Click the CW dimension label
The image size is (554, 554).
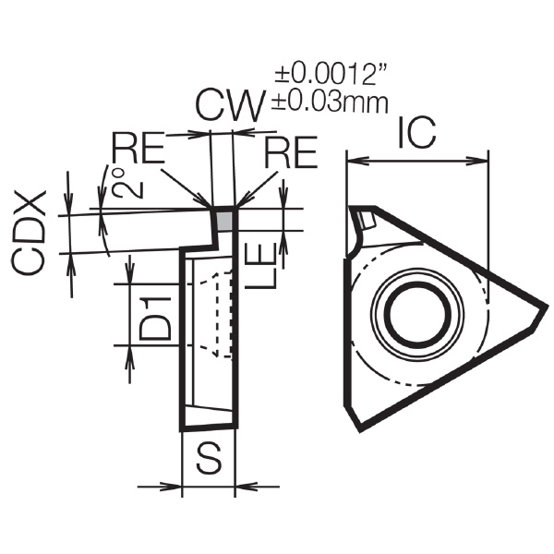tap(230, 106)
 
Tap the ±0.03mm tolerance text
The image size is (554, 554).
tap(330, 102)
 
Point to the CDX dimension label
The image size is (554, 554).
tap(30, 234)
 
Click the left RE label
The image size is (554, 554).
tap(138, 148)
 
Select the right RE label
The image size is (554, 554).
tap(292, 152)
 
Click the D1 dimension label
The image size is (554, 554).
tap(155, 319)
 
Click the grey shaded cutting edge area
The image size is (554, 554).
tap(224, 221)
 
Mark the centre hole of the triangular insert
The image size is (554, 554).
tap(419, 312)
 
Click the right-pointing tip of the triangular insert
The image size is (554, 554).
tap(547, 307)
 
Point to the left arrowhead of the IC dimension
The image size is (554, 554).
tap(357, 162)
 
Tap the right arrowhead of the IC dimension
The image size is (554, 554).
tap(477, 162)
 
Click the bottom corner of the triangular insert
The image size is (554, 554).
tap(359, 430)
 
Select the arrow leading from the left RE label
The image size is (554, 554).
tap(186, 188)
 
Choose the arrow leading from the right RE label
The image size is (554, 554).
tap(257, 188)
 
